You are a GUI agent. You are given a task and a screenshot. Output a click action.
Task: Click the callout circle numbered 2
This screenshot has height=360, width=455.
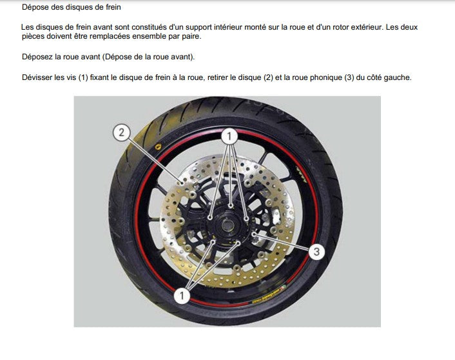tap(121, 133)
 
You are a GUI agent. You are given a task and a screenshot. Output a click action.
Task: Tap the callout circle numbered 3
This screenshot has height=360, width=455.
tap(316, 252)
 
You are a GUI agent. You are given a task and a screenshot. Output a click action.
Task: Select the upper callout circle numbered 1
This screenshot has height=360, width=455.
tap(229, 136)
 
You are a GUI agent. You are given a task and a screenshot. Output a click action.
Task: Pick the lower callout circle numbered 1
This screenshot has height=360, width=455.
tap(182, 295)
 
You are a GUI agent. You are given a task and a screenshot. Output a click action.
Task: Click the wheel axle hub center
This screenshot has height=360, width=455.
tap(226, 225)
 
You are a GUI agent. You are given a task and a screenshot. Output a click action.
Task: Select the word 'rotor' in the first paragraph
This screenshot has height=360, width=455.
tap(342, 27)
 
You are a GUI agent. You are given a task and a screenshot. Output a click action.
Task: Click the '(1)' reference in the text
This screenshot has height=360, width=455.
tap(83, 77)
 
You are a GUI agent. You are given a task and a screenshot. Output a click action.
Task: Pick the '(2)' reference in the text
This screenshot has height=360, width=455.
tap(268, 77)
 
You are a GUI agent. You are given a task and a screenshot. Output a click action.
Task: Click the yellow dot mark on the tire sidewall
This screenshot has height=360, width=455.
tap(158, 146)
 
